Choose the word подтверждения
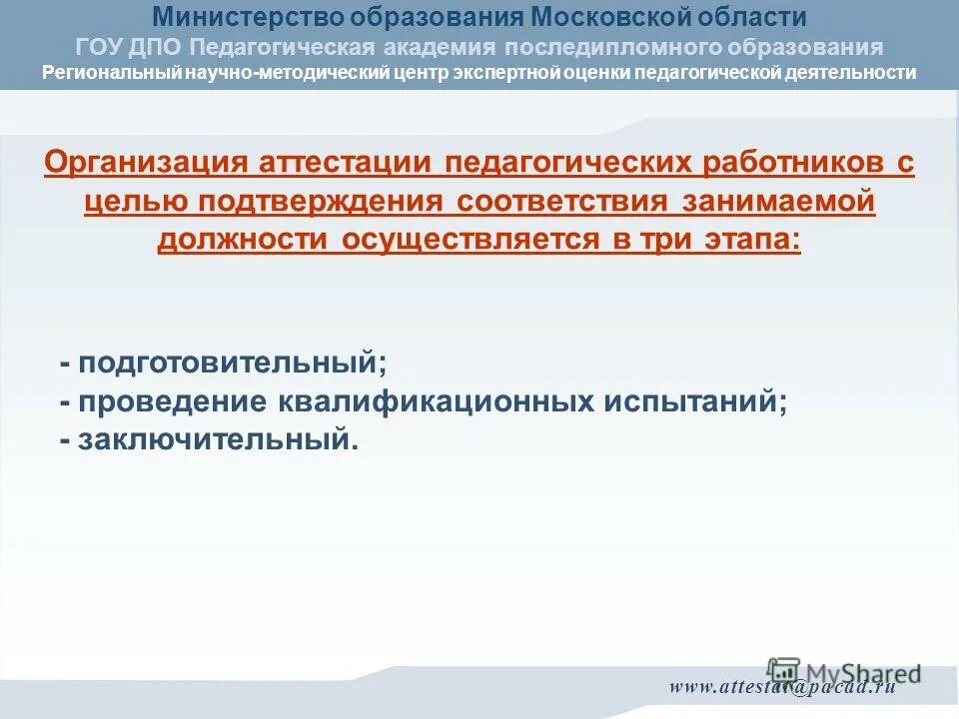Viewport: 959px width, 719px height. [322, 201]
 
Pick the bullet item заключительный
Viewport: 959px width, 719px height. [215, 439]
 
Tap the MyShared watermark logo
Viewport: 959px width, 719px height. [844, 672]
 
